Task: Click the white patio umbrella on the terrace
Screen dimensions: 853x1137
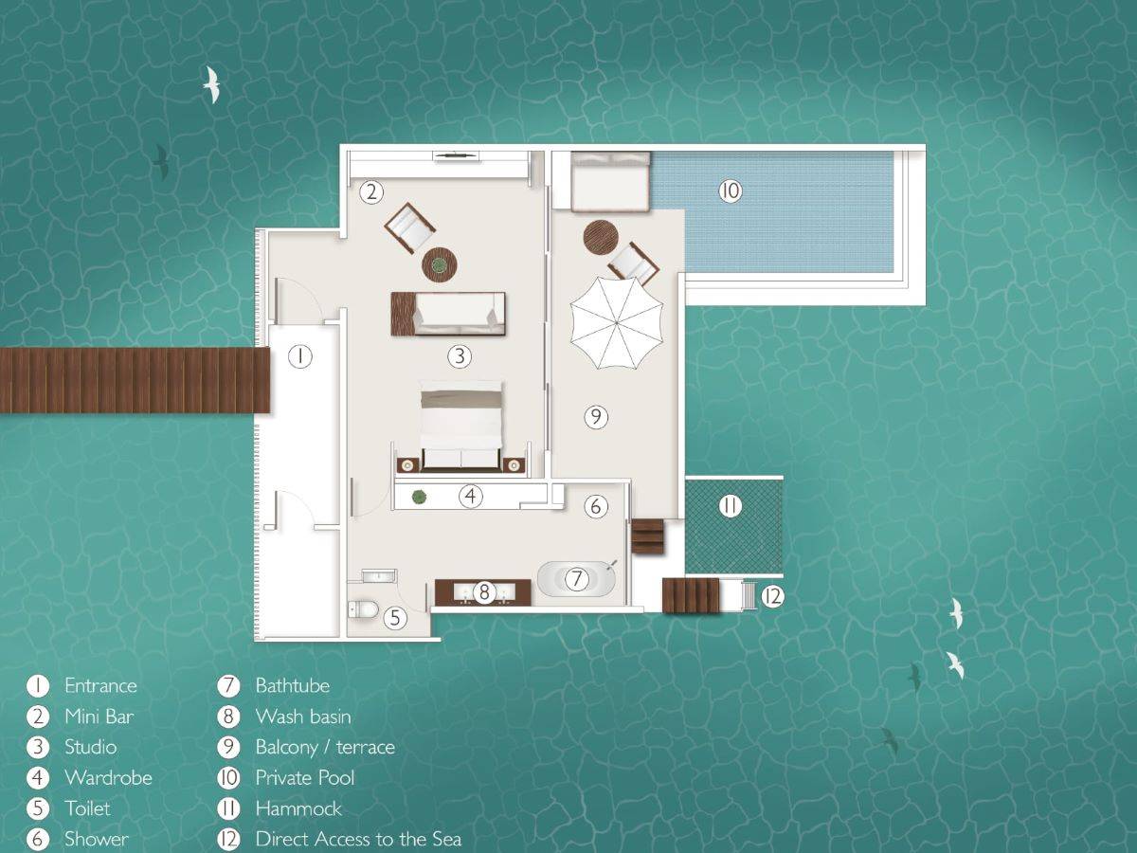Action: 616,321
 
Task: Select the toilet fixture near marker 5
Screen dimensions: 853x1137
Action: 363,607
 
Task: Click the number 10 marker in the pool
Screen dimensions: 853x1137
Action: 730,191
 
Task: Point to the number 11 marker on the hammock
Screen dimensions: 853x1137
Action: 729,506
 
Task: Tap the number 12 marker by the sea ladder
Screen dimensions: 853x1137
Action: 773,597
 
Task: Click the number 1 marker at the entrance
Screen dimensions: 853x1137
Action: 299,356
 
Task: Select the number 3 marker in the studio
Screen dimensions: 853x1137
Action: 460,356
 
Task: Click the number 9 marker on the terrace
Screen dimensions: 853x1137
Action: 595,416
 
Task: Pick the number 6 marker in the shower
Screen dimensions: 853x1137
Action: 595,506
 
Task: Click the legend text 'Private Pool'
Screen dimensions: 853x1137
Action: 305,778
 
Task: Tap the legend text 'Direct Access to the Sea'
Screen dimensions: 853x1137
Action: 358,839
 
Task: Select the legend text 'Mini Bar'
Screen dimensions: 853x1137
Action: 99,717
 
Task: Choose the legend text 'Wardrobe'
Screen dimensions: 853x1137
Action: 108,778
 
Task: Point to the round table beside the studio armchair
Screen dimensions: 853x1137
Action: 439,265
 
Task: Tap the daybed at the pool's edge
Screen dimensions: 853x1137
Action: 610,182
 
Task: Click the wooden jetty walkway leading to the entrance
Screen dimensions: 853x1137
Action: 133,380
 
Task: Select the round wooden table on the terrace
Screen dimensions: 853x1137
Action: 601,238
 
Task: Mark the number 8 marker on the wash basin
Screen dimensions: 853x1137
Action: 484,593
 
